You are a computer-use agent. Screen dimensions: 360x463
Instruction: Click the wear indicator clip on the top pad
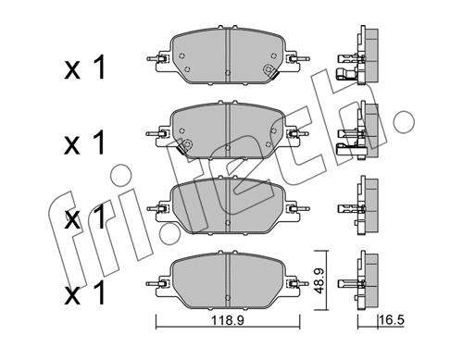[x=269, y=73]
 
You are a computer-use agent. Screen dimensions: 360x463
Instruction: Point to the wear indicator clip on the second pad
[x=185, y=146]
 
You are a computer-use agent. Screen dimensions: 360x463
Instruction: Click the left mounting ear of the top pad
[x=160, y=63]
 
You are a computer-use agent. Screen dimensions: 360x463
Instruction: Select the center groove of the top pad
[x=227, y=57]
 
